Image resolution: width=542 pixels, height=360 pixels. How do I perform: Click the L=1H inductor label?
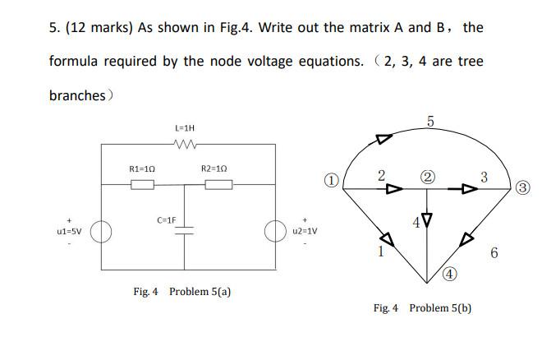(x=185, y=128)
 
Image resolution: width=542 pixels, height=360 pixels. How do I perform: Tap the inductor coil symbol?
(x=185, y=145)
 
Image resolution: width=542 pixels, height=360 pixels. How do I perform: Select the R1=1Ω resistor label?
(x=143, y=168)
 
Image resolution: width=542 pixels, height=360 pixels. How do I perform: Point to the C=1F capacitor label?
(x=167, y=220)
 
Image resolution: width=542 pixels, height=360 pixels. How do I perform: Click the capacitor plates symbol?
(x=185, y=231)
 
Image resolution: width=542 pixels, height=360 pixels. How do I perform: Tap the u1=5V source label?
(x=68, y=233)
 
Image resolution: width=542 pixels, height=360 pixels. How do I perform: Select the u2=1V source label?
(x=304, y=231)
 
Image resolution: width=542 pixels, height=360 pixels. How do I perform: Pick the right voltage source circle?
(x=274, y=232)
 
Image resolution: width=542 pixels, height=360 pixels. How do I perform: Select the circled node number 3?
(x=524, y=188)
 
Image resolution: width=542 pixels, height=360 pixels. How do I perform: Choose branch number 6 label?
(x=494, y=253)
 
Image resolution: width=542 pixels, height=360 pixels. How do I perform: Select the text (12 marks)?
(x=97, y=27)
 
